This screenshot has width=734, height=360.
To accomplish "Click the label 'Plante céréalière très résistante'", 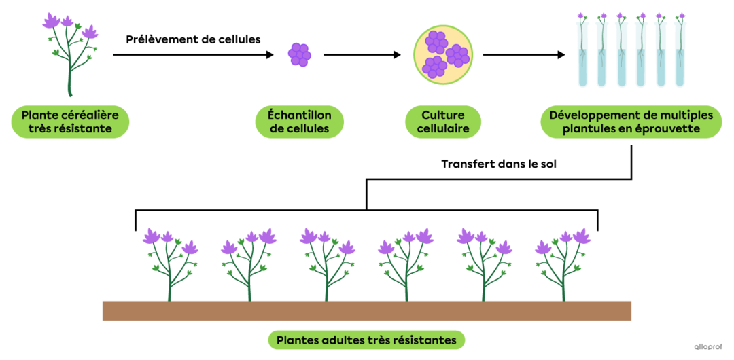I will [x=70, y=122].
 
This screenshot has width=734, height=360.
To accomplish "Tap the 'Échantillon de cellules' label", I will [x=299, y=122].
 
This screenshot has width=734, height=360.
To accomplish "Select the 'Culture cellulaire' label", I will [x=442, y=122].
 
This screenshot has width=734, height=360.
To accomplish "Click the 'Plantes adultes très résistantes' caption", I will [x=366, y=340].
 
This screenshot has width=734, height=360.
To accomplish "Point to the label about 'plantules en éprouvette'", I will [x=631, y=122].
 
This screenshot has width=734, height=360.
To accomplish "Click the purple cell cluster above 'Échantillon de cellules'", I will [x=299, y=54].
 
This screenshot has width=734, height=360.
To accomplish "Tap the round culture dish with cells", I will [x=443, y=54].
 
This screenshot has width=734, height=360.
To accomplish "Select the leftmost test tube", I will [x=582, y=54].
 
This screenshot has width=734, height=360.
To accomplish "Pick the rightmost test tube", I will [x=680, y=54].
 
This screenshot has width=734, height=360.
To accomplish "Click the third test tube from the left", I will [x=621, y=54].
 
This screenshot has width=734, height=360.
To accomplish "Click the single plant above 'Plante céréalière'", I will [x=70, y=54].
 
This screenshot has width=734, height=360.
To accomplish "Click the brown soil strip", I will [x=366, y=310].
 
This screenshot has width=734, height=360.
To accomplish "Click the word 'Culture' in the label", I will [x=442, y=115].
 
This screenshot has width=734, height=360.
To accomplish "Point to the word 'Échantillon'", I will [x=299, y=115].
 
